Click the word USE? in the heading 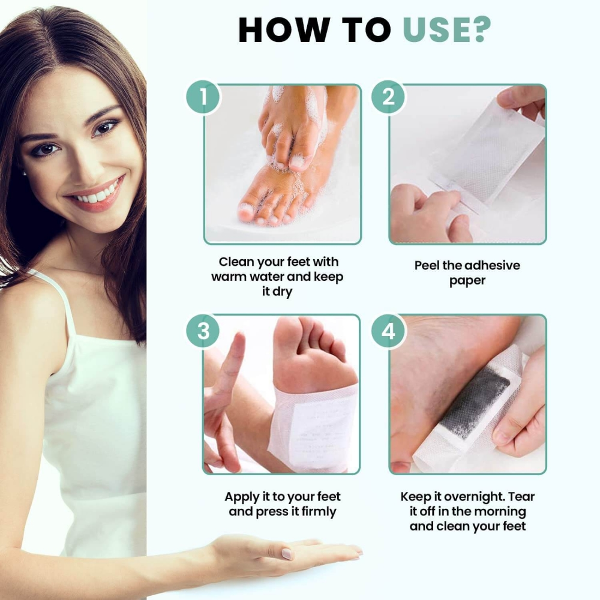(x=446, y=29)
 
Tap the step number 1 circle (x=203, y=97)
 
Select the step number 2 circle (x=388, y=97)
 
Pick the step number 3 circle (x=203, y=331)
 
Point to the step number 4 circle (x=388, y=331)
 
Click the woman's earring (x=25, y=173)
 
